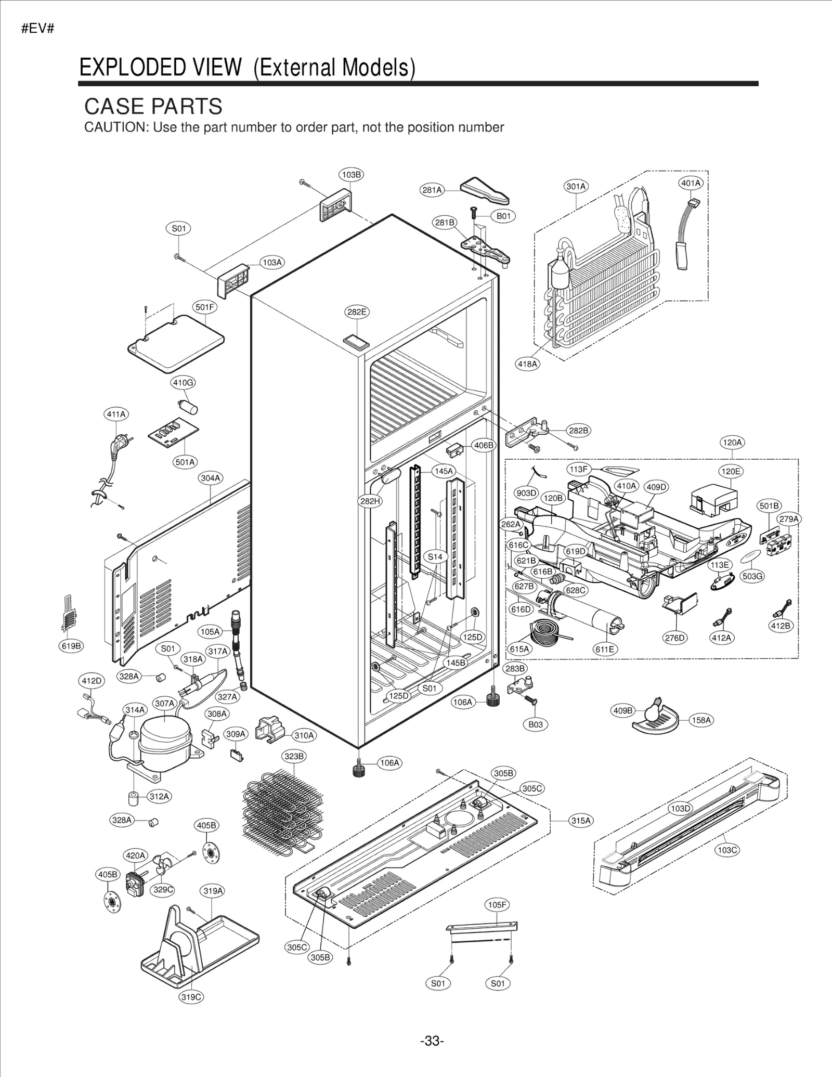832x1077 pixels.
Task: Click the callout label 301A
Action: pyautogui.click(x=576, y=186)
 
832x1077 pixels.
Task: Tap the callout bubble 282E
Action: pyautogui.click(x=357, y=312)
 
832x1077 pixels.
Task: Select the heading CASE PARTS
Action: pyautogui.click(x=153, y=106)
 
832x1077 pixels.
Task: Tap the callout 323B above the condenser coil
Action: pyautogui.click(x=294, y=756)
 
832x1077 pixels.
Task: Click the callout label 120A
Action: pyautogui.click(x=732, y=443)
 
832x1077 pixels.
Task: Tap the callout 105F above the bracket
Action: pyautogui.click(x=497, y=905)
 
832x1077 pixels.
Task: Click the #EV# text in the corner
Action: pyautogui.click(x=38, y=29)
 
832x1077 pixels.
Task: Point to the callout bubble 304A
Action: pyautogui.click(x=211, y=477)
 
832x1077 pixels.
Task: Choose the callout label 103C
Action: pyautogui.click(x=727, y=850)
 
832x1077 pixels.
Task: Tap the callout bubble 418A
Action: pyautogui.click(x=527, y=364)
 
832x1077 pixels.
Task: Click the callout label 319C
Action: pyautogui.click(x=191, y=997)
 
